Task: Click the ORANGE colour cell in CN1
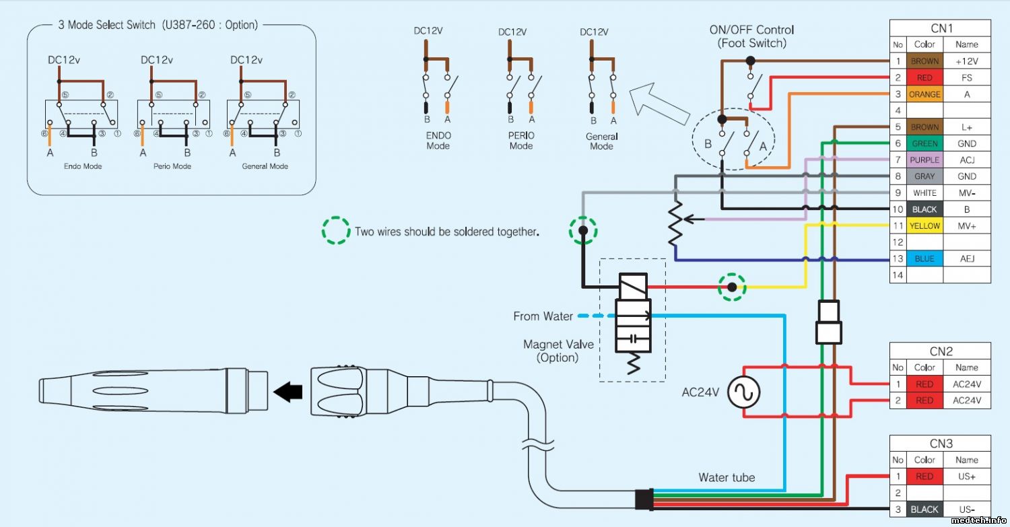coord(924,94)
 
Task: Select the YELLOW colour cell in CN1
coord(924,226)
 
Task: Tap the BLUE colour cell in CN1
coord(924,258)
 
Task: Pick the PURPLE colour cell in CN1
coord(924,160)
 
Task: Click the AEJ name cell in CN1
coord(967,258)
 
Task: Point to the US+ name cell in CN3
coord(967,477)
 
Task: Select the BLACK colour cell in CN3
coord(924,510)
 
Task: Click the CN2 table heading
coord(941,351)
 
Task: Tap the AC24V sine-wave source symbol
coord(743,392)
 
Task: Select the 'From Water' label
coord(543,316)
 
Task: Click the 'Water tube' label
coord(727,478)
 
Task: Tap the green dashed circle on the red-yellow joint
coord(732,287)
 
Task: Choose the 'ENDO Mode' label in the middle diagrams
coord(438,141)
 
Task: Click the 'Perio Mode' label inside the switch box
coord(173,166)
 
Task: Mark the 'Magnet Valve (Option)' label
coord(558,351)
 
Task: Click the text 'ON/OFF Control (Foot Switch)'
coord(751,36)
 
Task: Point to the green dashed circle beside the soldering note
coord(337,230)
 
